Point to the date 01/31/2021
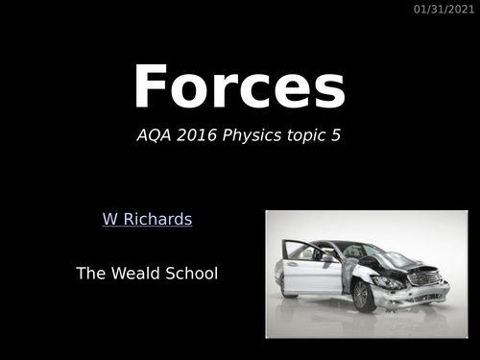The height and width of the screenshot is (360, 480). [x=444, y=10]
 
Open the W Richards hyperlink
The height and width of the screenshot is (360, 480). [x=147, y=220]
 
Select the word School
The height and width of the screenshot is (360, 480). [x=192, y=274]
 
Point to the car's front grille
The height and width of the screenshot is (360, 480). [x=422, y=277]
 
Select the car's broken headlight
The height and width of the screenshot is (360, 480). [x=386, y=282]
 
